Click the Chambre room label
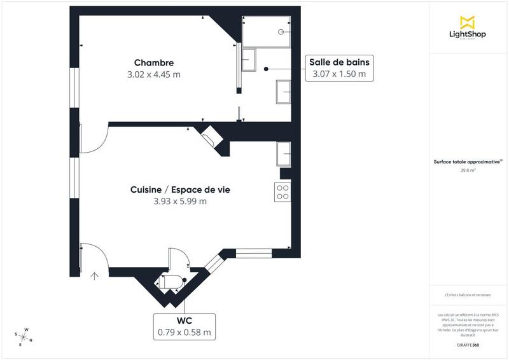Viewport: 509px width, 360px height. tap(154, 62)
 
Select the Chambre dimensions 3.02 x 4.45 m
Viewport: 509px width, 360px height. tap(154, 74)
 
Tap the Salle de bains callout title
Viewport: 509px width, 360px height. tap(339, 62)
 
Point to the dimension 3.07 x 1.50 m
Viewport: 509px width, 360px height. tap(339, 74)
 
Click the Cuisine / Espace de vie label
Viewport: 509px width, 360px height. tap(180, 190)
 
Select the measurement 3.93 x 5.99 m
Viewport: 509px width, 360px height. tap(180, 202)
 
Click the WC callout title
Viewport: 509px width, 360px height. tap(185, 320)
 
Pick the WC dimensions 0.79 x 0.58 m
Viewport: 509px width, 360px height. tap(185, 332)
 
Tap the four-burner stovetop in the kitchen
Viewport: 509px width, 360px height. tap(282, 192)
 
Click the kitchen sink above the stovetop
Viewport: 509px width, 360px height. tap(284, 154)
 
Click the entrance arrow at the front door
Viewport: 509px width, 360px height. tap(95, 276)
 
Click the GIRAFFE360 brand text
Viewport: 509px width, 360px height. tap(468, 344)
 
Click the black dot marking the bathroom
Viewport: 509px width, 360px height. tap(267, 69)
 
